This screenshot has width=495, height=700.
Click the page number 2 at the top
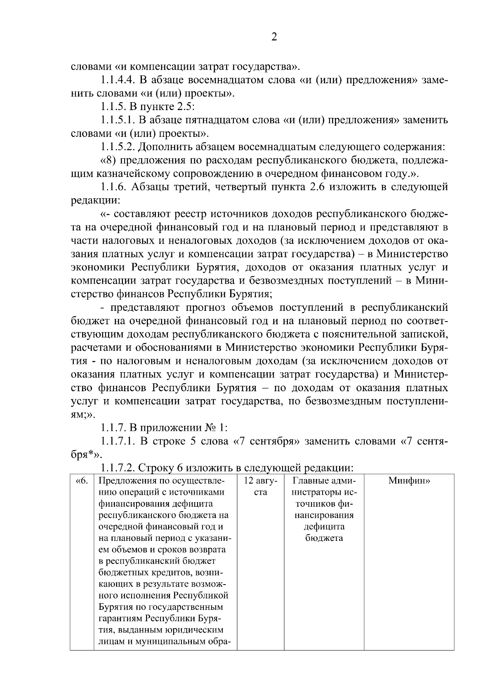[x=274, y=37]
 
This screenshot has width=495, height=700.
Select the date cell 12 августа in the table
[x=261, y=486]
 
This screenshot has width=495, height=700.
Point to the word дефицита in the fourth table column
[x=323, y=526]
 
